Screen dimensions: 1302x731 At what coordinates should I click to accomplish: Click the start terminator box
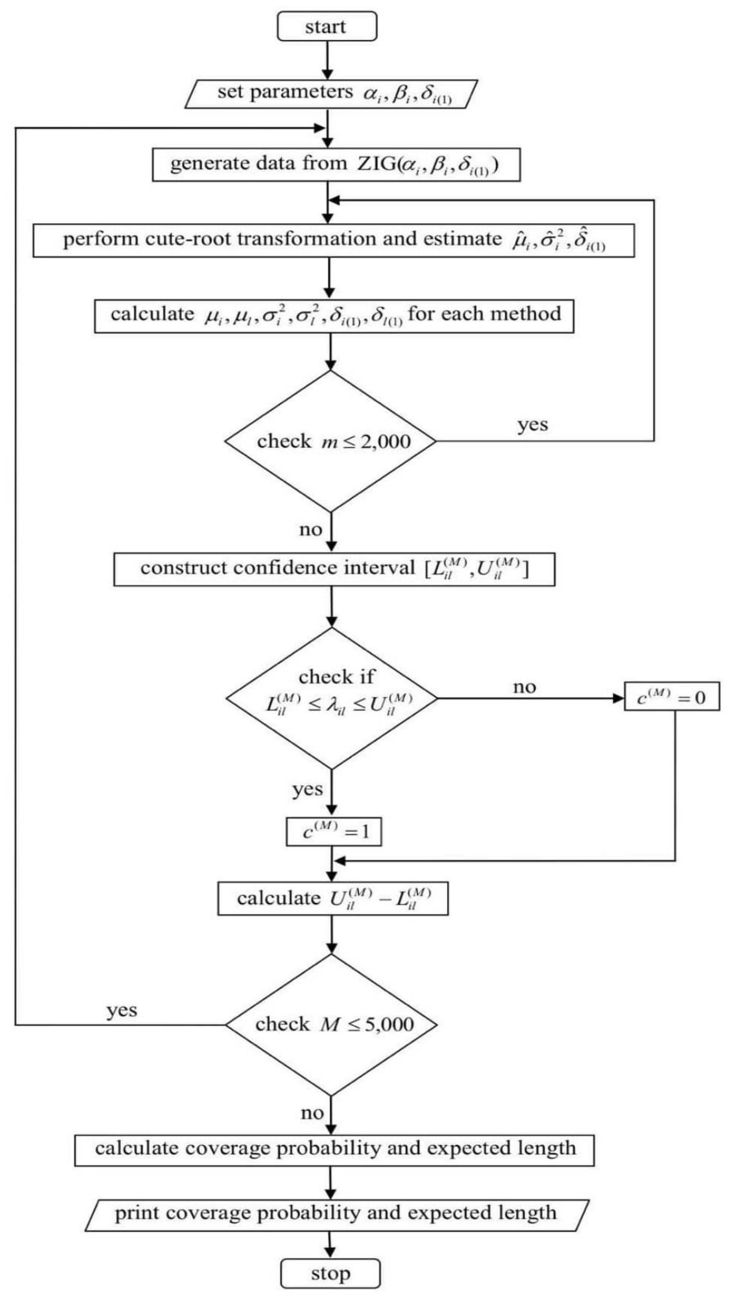(327, 26)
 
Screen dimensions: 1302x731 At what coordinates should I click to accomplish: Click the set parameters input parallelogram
(331, 93)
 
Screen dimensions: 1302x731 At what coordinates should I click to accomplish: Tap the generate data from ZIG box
(336, 164)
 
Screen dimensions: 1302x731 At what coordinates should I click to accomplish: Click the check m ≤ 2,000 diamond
(331, 441)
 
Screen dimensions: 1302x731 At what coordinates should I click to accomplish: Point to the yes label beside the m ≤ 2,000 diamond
(532, 425)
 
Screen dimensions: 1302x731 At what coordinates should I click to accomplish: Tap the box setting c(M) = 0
(671, 698)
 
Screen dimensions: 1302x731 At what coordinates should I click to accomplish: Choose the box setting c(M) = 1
(333, 832)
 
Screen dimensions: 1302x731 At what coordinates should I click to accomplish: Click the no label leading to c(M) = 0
(524, 687)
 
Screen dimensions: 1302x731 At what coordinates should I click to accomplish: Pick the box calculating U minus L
(333, 899)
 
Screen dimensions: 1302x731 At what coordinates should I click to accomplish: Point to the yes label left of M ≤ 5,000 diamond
(121, 1010)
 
